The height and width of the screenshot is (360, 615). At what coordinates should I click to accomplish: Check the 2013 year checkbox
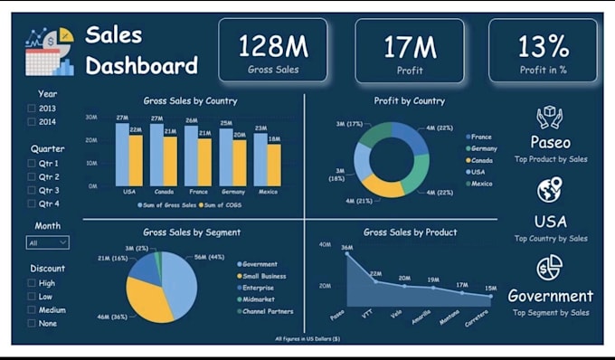point(32,109)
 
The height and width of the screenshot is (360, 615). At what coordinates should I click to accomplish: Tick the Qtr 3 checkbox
point(32,191)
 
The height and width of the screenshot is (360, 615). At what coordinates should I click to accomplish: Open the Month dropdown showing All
point(48,242)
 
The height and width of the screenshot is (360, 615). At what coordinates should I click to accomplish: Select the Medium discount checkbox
point(32,309)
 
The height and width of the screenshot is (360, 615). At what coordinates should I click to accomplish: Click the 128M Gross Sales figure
point(272,44)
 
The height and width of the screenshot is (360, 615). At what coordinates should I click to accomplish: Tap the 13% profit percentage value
point(544,44)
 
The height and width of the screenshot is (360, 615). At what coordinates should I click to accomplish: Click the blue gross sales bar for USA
point(122,154)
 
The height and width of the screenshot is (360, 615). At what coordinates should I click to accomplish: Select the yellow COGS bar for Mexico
point(274,165)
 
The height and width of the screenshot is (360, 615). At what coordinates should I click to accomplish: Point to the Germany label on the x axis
point(233,192)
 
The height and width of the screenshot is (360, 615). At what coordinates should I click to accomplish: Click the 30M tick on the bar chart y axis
point(91,118)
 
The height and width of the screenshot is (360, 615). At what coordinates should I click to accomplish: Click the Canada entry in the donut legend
point(481,160)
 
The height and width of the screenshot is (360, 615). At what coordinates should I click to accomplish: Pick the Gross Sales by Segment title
point(192,232)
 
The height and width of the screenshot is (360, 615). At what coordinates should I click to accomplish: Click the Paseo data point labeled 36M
point(345,253)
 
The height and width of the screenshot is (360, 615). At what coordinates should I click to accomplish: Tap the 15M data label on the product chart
point(490,288)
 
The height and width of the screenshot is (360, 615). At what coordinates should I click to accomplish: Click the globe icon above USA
point(550,191)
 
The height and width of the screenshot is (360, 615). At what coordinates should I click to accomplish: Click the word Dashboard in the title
point(141,66)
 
